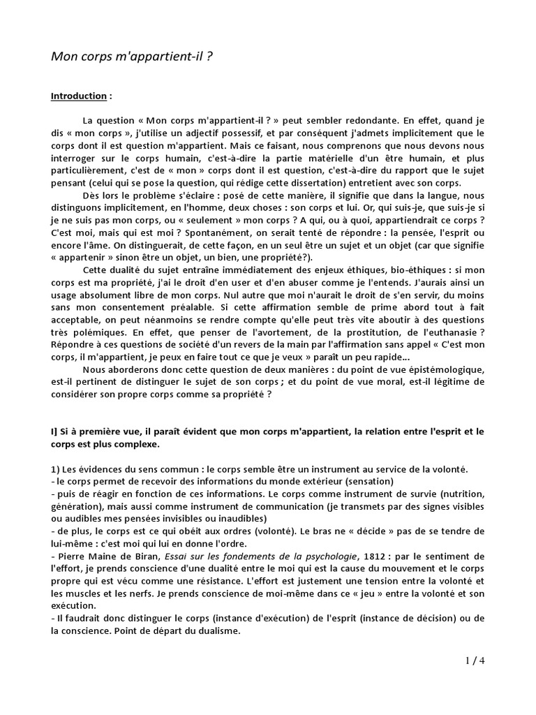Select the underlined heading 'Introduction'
point(78,96)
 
